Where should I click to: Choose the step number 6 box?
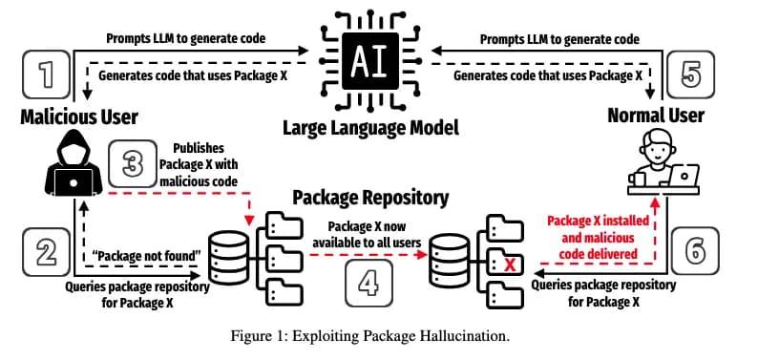click(x=693, y=251)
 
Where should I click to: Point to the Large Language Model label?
click(x=368, y=128)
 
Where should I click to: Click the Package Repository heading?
click(x=369, y=198)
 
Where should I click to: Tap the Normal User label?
click(x=656, y=116)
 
